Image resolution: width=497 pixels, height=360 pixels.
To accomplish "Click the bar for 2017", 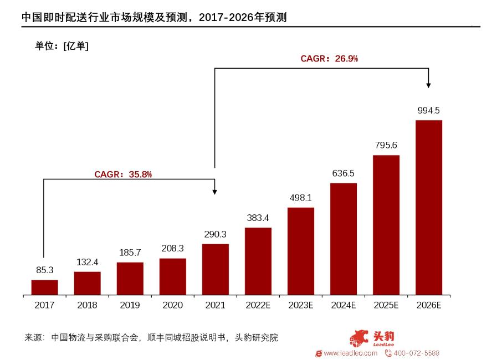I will (x=44, y=287).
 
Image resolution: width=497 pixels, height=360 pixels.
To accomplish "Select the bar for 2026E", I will (x=428, y=208).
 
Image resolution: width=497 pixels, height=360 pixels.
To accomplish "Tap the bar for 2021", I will (x=215, y=269).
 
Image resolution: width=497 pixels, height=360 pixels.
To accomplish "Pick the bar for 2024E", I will (x=343, y=239).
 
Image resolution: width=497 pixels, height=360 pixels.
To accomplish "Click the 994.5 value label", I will (x=428, y=110).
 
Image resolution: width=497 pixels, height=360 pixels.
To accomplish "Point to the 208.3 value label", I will (x=172, y=249).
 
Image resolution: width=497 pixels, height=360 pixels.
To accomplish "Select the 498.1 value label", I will (x=300, y=198).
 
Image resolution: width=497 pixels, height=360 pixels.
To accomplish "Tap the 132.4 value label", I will (x=87, y=262).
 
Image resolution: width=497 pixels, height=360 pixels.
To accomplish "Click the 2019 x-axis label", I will (x=130, y=305).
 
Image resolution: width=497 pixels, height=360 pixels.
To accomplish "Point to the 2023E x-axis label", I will (x=300, y=305).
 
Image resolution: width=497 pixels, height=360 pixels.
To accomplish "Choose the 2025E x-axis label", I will (x=386, y=305).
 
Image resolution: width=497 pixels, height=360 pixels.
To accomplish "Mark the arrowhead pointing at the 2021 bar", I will (x=215, y=191).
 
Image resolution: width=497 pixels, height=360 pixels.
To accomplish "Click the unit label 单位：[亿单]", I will (x=62, y=46).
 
